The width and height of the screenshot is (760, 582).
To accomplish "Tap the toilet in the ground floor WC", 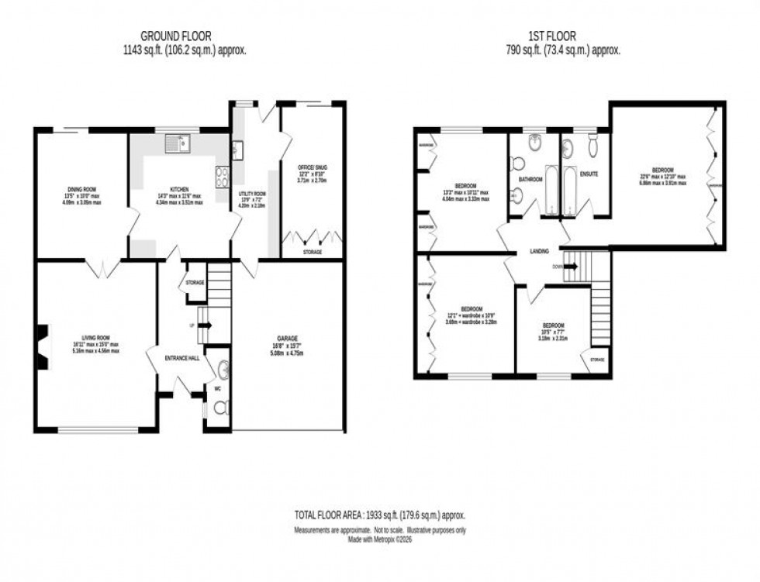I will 220,408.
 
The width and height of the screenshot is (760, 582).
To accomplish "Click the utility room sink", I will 237,150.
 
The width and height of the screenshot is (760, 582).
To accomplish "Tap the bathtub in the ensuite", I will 572,191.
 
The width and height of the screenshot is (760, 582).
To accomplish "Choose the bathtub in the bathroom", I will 551,191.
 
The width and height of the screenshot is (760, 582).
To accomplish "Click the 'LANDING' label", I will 540,252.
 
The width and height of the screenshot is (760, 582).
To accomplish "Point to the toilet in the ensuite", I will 593,145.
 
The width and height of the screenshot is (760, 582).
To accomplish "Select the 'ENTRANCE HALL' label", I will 182,357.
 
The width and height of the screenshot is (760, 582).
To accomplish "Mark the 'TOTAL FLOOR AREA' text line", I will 379,515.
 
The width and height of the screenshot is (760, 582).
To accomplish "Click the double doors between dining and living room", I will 102,267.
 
